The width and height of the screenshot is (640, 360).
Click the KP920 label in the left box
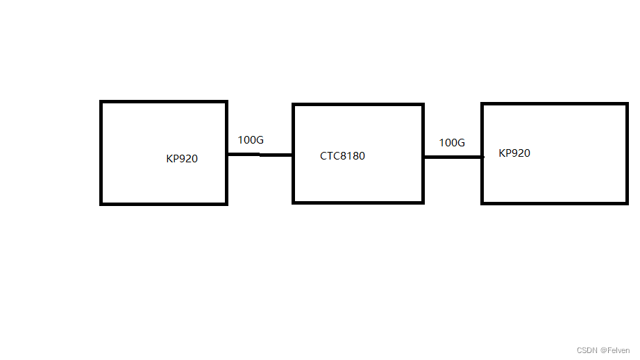pyautogui.click(x=182, y=159)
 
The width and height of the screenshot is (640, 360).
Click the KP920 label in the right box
pyautogui.click(x=514, y=153)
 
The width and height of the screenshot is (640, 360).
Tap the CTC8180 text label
pyautogui.click(x=342, y=156)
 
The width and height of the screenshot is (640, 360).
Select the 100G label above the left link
pyautogui.click(x=251, y=140)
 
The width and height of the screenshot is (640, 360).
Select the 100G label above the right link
pyautogui.click(x=452, y=143)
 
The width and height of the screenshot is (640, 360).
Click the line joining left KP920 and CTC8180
pyautogui.click(x=260, y=155)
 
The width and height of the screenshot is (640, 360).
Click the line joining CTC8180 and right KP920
pyautogui.click(x=453, y=157)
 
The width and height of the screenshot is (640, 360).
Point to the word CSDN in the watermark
pyautogui.click(x=587, y=351)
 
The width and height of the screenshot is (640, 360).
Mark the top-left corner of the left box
pyautogui.click(x=101, y=102)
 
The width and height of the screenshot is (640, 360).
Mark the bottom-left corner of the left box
pyautogui.click(x=101, y=204)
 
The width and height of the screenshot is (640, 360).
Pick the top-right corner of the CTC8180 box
pyautogui.click(x=423, y=105)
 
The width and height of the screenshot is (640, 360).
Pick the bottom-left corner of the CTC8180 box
pyautogui.click(x=294, y=203)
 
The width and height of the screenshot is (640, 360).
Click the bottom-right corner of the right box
pyautogui.click(x=627, y=203)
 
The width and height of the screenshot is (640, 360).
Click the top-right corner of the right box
pyautogui.click(x=627, y=104)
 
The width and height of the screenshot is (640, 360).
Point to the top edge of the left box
pyautogui.click(x=164, y=102)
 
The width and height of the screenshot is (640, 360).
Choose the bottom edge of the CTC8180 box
pyautogui.click(x=358, y=203)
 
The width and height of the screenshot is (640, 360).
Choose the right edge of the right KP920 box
pyautogui.click(x=627, y=153)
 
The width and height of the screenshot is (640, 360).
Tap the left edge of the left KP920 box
pyautogui.click(x=101, y=153)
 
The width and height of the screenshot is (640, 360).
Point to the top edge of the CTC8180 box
pyautogui.click(x=358, y=105)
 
